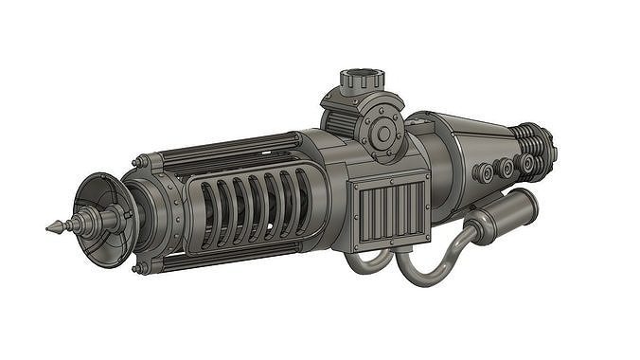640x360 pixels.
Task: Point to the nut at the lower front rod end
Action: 141,268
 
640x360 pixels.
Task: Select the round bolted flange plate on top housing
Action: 383,134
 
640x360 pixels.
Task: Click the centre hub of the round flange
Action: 383,134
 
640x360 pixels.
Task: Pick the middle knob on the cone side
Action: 505,168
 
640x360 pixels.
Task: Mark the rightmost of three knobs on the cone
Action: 526,163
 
